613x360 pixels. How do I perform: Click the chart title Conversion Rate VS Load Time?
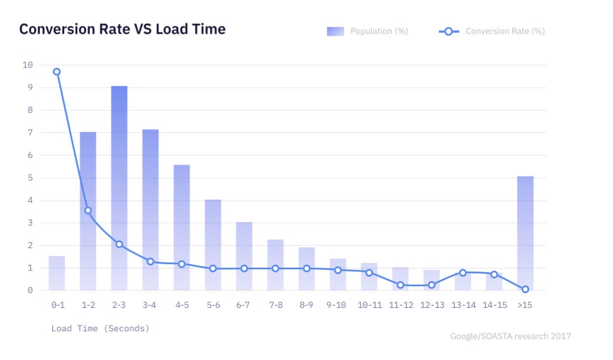(122, 29)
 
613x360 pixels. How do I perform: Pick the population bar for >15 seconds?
(525, 232)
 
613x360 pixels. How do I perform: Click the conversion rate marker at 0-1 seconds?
(57, 72)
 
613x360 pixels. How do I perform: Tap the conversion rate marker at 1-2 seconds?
(88, 210)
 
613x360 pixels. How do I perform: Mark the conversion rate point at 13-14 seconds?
(463, 273)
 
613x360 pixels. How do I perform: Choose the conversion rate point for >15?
(525, 289)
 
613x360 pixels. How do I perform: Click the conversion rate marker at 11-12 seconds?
(400, 285)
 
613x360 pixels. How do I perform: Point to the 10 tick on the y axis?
(28, 65)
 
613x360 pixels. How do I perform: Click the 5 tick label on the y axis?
(29, 177)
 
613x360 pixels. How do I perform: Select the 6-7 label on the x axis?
(244, 305)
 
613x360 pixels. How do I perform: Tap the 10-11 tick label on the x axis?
(370, 305)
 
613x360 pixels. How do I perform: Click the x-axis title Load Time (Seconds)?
(100, 328)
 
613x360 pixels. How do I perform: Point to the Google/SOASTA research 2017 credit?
(510, 336)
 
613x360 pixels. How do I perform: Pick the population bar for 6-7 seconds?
(244, 255)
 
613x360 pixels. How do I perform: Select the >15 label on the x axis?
(525, 305)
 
